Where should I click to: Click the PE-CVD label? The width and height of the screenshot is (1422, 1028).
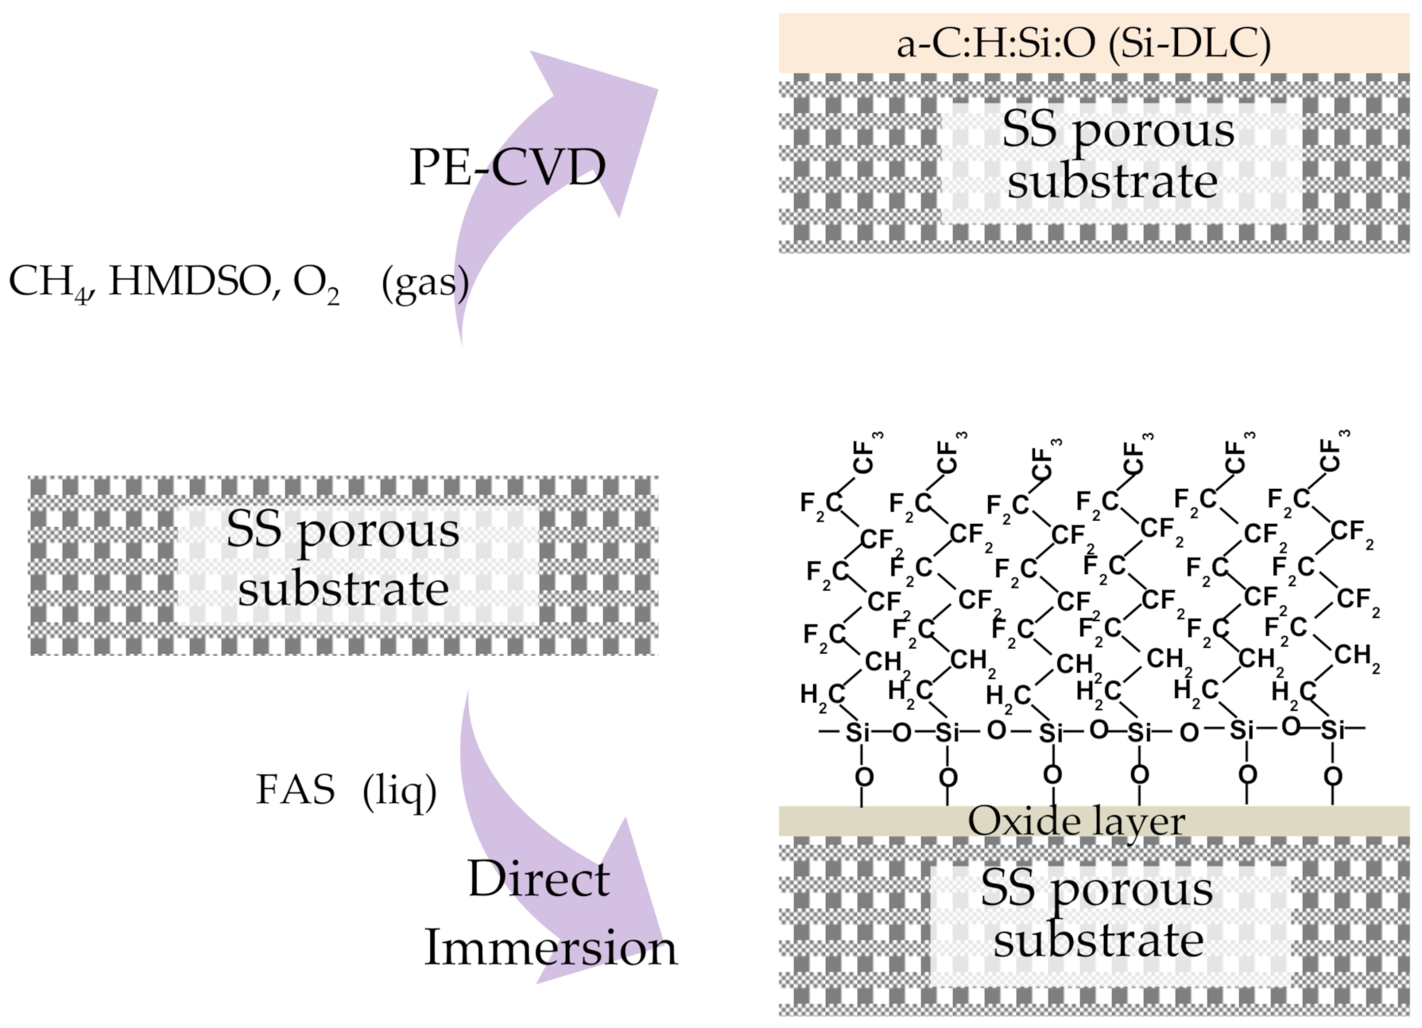coord(507,167)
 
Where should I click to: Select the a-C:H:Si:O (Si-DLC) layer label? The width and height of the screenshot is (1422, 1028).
coord(1083,43)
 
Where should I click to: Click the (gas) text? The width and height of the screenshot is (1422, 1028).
coord(424,283)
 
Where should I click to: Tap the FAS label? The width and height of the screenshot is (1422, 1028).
coord(295,789)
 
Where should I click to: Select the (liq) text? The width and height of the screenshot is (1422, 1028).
coord(399,791)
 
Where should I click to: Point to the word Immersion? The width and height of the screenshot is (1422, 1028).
coord(550,948)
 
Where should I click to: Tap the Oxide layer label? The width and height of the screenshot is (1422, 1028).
coord(1075,821)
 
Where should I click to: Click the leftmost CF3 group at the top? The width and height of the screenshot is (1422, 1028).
coord(866,455)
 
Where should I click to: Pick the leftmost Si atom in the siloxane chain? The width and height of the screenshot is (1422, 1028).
coord(857,731)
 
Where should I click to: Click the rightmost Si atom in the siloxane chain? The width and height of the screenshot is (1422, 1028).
coord(1333,729)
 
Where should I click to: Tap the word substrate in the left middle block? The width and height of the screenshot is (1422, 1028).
coord(343,589)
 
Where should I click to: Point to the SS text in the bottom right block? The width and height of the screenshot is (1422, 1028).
coord(1007,887)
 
